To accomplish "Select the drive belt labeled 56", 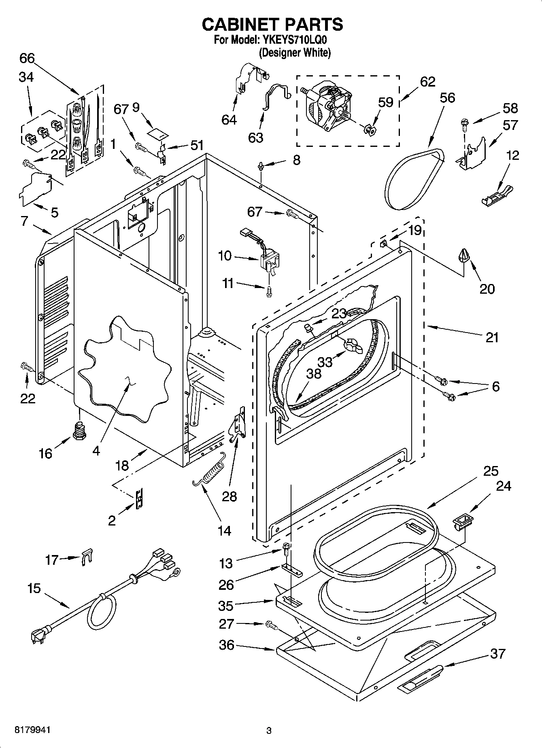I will [x=413, y=178].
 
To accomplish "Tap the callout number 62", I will [x=427, y=82].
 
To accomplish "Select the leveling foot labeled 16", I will [x=79, y=430].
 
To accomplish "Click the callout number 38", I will [x=313, y=373].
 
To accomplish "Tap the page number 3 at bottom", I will [x=268, y=731].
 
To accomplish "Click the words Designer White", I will [x=295, y=53].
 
